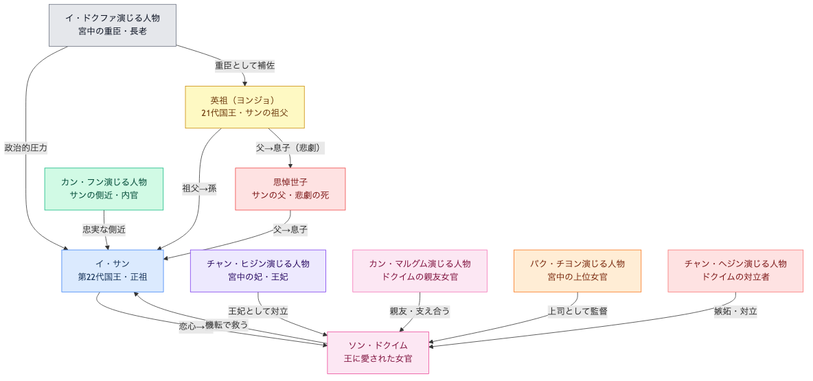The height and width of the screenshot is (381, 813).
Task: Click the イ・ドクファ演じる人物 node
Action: (113, 25)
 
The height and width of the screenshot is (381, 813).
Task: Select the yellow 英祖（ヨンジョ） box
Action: (244, 106)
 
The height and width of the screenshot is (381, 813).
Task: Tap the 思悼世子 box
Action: (290, 189)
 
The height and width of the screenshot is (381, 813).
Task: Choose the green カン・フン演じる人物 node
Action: (104, 189)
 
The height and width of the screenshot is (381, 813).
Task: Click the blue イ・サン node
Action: (113, 270)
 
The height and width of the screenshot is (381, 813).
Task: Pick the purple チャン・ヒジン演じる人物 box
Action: (258, 270)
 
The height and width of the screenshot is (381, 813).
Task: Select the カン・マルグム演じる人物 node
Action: (420, 270)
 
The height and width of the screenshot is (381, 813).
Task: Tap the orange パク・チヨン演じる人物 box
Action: (577, 270)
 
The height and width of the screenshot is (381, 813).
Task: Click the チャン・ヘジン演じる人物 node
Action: (735, 270)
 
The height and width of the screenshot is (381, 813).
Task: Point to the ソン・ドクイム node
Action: (378, 352)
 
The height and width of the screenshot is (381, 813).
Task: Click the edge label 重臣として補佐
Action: (244, 65)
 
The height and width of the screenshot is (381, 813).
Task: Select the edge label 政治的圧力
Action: (26, 148)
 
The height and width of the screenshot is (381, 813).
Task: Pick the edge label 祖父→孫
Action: (199, 189)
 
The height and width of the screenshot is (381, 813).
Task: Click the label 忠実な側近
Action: (104, 229)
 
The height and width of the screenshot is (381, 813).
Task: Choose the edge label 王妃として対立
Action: (258, 311)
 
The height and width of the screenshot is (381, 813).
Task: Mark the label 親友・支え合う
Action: (420, 311)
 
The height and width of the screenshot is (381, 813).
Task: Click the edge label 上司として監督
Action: (577, 311)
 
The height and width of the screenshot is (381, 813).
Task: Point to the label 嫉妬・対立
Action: (735, 311)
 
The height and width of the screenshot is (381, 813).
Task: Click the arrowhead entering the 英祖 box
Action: (244, 83)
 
